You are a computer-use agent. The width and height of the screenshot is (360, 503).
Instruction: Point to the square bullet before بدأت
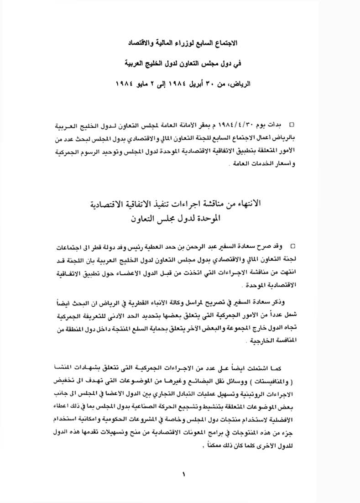coord(292,124)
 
